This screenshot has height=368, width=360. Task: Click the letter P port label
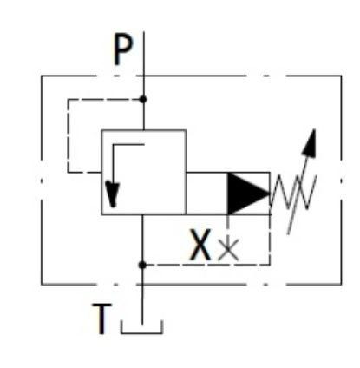point(123,49)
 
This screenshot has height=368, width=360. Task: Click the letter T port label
point(101,319)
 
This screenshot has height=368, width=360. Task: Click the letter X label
point(200,245)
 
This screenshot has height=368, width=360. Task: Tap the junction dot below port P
point(143,99)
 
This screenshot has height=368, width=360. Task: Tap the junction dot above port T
point(142,265)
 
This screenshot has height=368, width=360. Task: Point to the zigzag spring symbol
point(293,192)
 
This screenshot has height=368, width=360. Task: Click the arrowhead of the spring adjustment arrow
point(310,142)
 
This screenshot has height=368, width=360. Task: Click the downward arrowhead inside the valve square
point(113,194)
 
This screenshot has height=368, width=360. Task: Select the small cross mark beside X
point(228,249)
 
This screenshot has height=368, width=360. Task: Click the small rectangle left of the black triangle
point(207,194)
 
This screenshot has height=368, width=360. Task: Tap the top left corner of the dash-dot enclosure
point(42,76)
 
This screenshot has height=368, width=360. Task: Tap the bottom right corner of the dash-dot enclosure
point(342,285)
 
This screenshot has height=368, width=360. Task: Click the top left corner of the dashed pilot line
point(68,100)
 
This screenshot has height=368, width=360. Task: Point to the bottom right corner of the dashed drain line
point(270,265)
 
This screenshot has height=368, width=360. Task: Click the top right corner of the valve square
point(186,130)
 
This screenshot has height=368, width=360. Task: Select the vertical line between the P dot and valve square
point(143,115)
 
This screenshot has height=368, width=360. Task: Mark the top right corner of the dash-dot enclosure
point(342,76)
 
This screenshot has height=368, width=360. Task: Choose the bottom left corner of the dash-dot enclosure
point(42,285)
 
